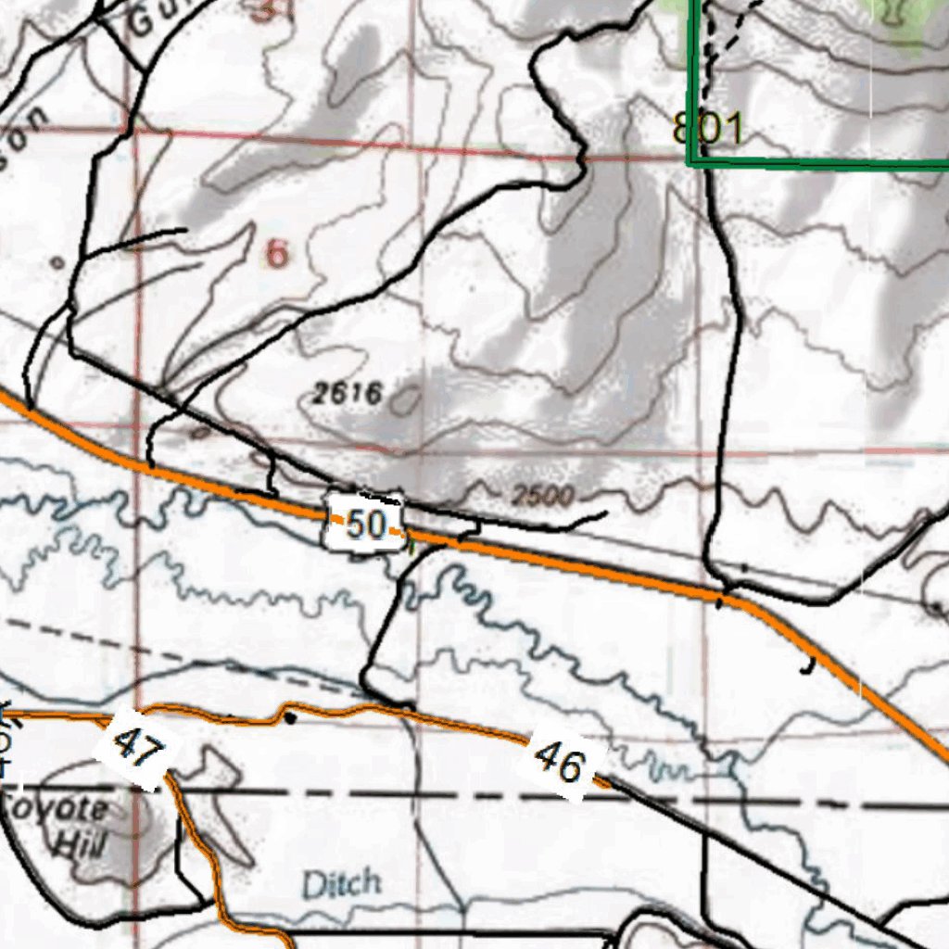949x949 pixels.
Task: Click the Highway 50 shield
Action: coord(365,525)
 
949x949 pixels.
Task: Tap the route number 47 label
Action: coord(137,747)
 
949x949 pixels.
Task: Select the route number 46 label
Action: coord(562,764)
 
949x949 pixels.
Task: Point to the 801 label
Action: coord(709,130)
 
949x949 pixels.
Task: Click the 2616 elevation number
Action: coord(347,394)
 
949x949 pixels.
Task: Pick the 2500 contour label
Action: coord(543,496)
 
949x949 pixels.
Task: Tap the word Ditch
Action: coord(341,883)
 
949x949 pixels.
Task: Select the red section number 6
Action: coord(276,253)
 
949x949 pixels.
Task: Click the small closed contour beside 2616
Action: coord(405,400)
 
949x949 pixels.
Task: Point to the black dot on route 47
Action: coord(290,717)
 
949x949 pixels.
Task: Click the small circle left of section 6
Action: coord(57,263)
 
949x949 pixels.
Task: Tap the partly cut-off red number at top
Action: coord(269,11)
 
